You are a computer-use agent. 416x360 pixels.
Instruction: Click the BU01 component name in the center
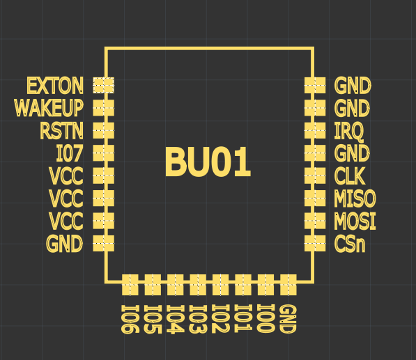click(x=208, y=162)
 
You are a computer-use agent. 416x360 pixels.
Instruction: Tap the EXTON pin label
click(x=55, y=86)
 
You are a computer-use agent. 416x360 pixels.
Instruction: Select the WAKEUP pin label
click(x=49, y=108)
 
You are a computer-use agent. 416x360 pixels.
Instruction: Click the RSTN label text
click(x=61, y=130)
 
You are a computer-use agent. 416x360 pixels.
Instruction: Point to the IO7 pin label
click(x=70, y=153)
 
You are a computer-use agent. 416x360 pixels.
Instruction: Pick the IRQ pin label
click(x=348, y=131)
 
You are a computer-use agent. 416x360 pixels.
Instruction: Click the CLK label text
click(x=350, y=175)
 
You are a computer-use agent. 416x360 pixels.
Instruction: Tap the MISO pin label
click(x=355, y=198)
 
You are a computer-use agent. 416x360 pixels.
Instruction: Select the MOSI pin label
click(x=355, y=221)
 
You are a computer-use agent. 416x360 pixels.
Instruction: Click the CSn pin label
click(x=350, y=244)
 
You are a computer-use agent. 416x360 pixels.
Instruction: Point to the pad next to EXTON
click(x=103, y=86)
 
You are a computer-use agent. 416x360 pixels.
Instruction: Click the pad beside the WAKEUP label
click(x=103, y=108)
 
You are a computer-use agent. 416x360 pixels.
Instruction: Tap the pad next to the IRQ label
click(x=315, y=130)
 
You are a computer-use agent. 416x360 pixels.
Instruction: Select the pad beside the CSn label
click(x=315, y=243)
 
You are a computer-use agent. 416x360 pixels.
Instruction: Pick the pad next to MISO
click(x=315, y=198)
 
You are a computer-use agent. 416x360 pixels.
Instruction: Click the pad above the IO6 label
click(x=130, y=285)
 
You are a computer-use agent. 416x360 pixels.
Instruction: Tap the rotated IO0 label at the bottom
click(x=265, y=318)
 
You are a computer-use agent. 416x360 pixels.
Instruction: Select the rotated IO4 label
click(x=175, y=319)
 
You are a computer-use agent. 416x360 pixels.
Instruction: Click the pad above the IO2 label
click(x=220, y=285)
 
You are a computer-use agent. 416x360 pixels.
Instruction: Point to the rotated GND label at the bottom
click(x=288, y=319)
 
